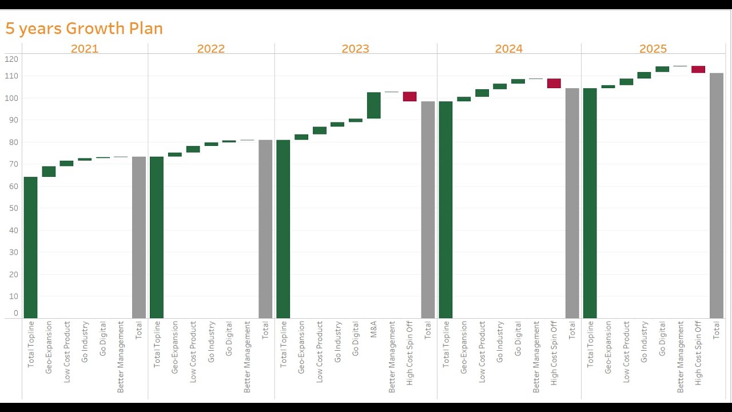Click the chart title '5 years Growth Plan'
click(x=84, y=28)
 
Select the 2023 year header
click(x=355, y=49)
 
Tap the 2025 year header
click(x=653, y=49)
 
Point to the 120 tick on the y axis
click(x=11, y=59)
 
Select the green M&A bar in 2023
click(x=373, y=105)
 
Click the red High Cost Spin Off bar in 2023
click(x=409, y=96)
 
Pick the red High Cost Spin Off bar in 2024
click(x=554, y=84)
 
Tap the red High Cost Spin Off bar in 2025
click(x=698, y=69)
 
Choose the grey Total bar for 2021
click(x=138, y=237)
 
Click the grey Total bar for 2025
click(x=716, y=195)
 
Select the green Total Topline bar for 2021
click(x=30, y=247)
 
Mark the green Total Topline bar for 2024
click(x=445, y=209)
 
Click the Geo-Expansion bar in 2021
click(x=49, y=172)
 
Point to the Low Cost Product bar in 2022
click(x=193, y=149)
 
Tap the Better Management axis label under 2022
click(x=247, y=356)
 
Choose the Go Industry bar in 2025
click(x=644, y=75)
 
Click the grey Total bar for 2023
click(x=428, y=209)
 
